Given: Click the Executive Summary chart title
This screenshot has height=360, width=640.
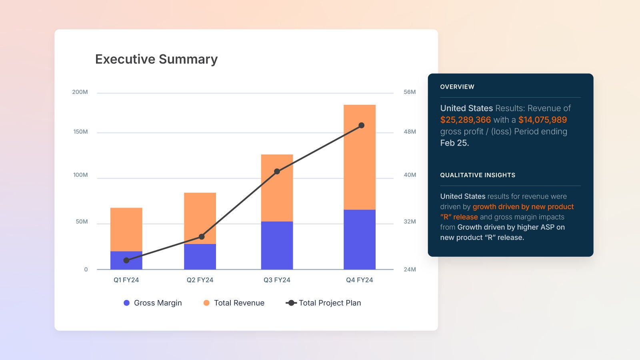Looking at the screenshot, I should [x=156, y=59].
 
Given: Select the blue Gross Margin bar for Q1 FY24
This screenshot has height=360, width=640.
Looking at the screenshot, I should [x=126, y=260].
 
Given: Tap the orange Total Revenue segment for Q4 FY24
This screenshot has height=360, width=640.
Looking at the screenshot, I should [x=359, y=157].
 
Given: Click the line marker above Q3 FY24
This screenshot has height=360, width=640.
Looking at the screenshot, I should [x=277, y=172].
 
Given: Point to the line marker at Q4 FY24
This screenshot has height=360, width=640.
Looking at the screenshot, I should [x=361, y=126].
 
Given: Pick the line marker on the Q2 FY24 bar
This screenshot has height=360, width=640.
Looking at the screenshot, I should [x=202, y=237].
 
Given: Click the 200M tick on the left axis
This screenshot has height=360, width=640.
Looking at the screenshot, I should [x=80, y=92].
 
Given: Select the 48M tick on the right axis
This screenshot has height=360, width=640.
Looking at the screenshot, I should [x=410, y=132].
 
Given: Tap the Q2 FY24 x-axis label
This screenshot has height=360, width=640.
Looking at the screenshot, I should [x=200, y=280].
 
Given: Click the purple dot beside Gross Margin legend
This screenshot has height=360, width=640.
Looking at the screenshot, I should [x=127, y=303].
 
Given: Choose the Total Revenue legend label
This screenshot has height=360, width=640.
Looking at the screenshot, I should [x=239, y=303].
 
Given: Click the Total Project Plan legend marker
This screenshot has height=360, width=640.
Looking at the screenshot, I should [x=291, y=303].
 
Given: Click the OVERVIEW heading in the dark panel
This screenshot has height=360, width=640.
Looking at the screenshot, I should [x=457, y=87].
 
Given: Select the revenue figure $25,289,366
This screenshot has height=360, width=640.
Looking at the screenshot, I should [x=465, y=120].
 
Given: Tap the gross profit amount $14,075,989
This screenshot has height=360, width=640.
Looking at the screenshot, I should [x=542, y=120].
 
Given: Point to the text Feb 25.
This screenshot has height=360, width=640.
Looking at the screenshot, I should [x=454, y=143].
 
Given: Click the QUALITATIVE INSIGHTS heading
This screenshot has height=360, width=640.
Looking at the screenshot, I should [x=478, y=175].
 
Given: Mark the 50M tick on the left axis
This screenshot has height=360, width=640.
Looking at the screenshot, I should [x=82, y=222].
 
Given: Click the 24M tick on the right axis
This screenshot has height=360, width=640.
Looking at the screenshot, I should [x=410, y=269].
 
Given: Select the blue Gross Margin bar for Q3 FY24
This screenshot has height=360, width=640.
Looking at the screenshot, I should [x=277, y=245].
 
